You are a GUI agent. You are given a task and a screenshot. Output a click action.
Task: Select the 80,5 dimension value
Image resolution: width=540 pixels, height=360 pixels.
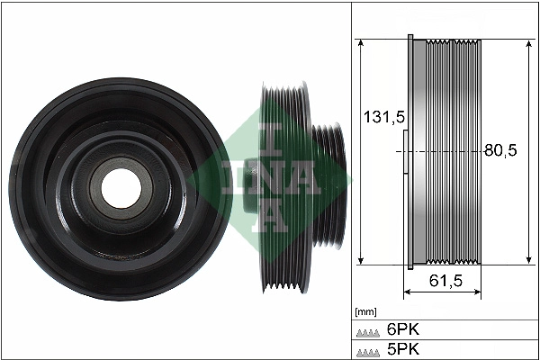tap(500, 151)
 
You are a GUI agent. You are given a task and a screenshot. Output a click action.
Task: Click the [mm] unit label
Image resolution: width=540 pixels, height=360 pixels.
tap(364, 312)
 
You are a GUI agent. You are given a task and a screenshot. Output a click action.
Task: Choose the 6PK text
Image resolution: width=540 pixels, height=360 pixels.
tap(400, 329)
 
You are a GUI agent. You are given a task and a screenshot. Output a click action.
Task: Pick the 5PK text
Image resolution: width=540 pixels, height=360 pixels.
tap(400, 349)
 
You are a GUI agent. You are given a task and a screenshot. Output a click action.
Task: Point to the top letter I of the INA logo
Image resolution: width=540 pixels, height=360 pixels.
tap(269, 135)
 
